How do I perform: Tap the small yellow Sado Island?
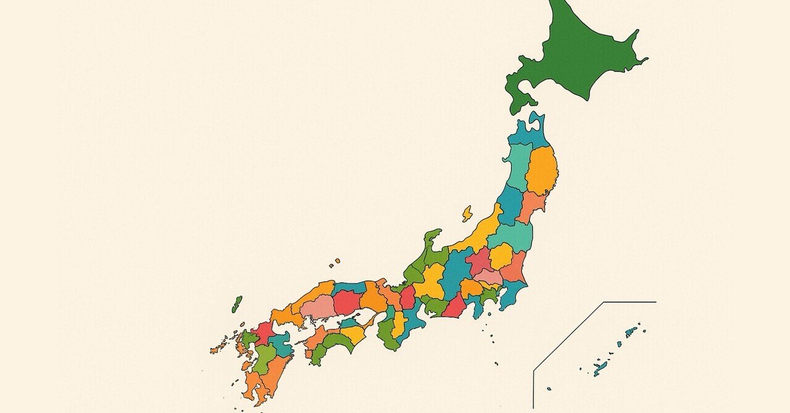[467, 214]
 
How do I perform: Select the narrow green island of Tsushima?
[237, 304]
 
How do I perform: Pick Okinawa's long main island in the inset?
[601, 369]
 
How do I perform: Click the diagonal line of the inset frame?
[568, 336]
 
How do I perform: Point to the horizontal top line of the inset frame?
[630, 302]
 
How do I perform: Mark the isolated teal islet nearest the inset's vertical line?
[549, 388]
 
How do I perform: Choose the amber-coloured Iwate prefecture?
[542, 170]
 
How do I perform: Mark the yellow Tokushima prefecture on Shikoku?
[354, 334]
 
